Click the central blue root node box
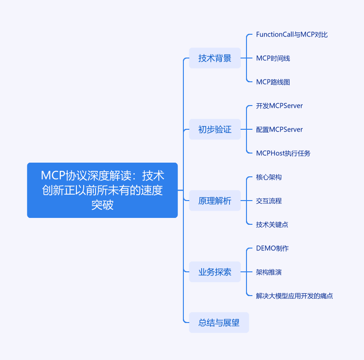point(102,190)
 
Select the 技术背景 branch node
point(215,58)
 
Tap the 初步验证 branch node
point(215,129)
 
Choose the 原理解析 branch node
point(215,201)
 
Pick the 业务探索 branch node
point(215,272)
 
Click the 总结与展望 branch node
point(219,323)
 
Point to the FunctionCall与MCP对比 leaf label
point(292,35)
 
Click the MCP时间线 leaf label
point(273,58)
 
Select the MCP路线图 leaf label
point(273,82)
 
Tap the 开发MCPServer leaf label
point(279,106)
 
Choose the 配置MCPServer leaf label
point(279,129)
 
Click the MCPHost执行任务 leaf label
point(283,153)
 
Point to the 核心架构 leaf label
point(269,177)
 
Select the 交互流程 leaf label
point(269,201)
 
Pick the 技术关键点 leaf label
point(272,224)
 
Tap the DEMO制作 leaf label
point(272,249)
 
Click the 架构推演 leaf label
point(269,272)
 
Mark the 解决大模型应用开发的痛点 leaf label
point(294,296)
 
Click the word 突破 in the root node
point(102,205)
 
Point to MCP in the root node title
point(53,175)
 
